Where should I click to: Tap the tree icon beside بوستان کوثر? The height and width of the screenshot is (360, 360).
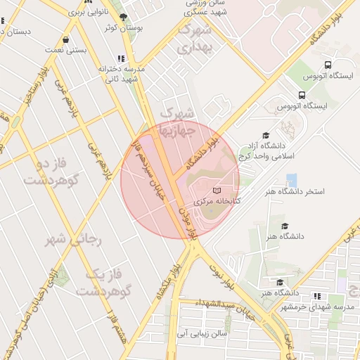(x=124, y=18)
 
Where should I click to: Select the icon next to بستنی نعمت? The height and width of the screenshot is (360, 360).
(x=66, y=40)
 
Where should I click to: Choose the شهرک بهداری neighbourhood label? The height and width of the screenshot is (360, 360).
(x=194, y=39)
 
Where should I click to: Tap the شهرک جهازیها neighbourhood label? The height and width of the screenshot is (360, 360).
(x=180, y=121)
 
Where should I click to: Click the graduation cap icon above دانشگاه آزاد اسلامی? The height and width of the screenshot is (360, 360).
(x=266, y=136)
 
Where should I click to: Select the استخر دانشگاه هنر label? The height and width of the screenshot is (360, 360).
(x=295, y=191)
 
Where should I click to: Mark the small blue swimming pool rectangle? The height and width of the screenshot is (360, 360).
(x=291, y=179)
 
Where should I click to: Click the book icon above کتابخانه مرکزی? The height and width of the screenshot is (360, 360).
(x=217, y=190)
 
